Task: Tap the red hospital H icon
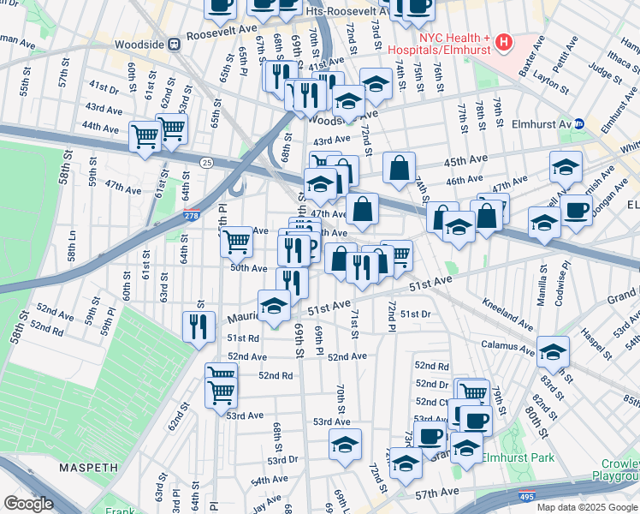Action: pyautogui.click(x=504, y=40)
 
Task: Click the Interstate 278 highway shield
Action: pyautogui.click(x=193, y=217)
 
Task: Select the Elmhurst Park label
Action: pyautogui.click(x=519, y=457)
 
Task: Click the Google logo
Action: pyautogui.click(x=29, y=504)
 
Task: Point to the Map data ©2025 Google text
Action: pyautogui.click(x=586, y=507)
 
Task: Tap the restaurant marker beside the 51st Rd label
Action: pyautogui.click(x=198, y=326)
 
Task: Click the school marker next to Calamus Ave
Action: pyautogui.click(x=553, y=350)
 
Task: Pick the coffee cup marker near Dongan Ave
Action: pyautogui.click(x=576, y=209)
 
